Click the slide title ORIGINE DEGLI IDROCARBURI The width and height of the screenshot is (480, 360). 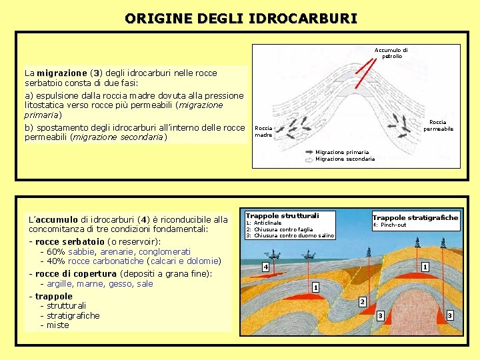[x=240, y=18]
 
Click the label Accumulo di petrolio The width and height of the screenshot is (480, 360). [x=391, y=53]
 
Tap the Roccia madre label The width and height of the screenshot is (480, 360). [x=263, y=131]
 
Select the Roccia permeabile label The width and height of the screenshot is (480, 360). [x=438, y=125]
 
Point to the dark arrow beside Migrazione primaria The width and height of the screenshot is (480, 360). [x=310, y=153]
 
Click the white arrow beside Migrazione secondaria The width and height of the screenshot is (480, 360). [x=310, y=159]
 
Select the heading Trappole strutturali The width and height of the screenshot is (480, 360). [x=282, y=215]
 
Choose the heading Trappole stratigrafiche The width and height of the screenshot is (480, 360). [x=415, y=217]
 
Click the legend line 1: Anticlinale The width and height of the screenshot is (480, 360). [x=264, y=223]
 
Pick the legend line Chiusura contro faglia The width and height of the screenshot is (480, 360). [x=283, y=229]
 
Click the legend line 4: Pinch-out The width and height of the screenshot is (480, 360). [x=389, y=225]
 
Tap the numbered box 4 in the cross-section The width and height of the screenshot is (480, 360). [x=265, y=267]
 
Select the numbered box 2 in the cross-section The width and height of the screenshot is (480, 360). [x=362, y=302]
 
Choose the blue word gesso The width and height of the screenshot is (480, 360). [x=121, y=283]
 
